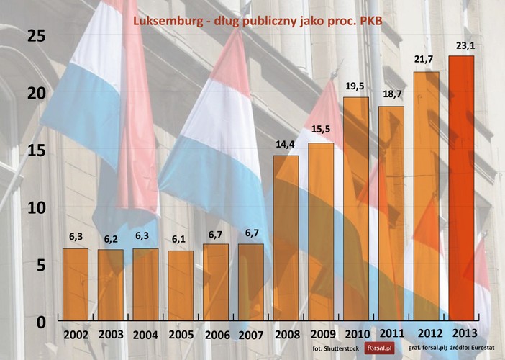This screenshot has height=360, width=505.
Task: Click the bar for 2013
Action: [x=461, y=188]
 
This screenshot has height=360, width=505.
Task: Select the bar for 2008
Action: [x=286, y=238]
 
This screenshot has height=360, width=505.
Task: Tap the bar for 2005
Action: [x=181, y=285]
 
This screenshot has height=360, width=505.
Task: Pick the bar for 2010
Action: [x=356, y=209]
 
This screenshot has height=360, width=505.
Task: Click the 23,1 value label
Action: [x=461, y=47]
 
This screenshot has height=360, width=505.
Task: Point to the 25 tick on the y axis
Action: [x=36, y=35]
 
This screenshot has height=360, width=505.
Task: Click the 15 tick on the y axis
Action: [x=36, y=150]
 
